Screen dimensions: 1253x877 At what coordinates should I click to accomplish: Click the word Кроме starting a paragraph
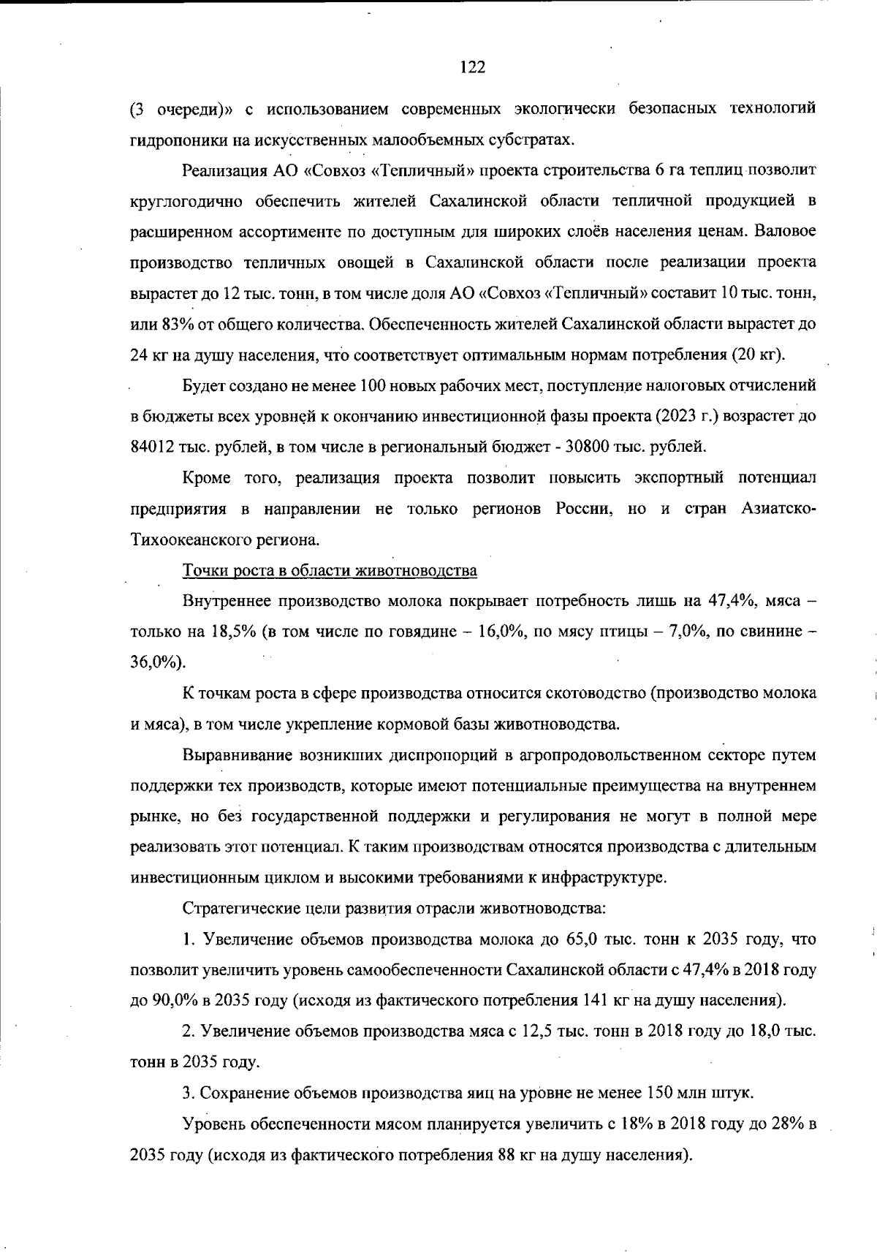[207, 478]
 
